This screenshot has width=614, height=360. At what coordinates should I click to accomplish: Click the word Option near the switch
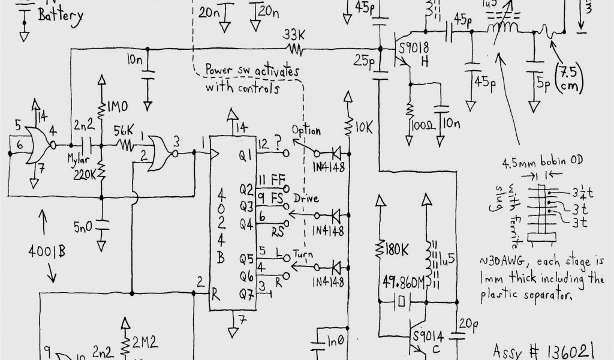(306, 130)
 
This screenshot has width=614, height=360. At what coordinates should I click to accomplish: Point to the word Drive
(306, 198)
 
